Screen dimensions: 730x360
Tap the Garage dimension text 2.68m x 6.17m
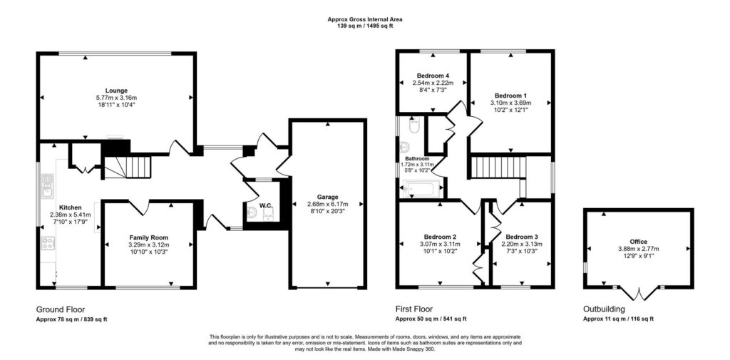click(x=328, y=203)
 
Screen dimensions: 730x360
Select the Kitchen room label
click(x=71, y=207)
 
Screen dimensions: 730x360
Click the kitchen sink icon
click(x=48, y=185)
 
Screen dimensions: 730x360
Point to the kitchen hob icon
click(x=48, y=244)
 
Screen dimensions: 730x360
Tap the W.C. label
click(x=266, y=205)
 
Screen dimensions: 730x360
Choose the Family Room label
click(x=148, y=237)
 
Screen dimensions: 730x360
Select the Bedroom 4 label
click(x=433, y=76)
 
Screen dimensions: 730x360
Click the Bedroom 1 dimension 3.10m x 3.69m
click(x=510, y=103)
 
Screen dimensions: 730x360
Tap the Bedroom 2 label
click(x=439, y=237)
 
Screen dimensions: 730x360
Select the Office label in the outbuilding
click(x=638, y=241)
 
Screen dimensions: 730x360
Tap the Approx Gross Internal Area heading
click(x=365, y=19)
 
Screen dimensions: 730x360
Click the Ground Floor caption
click(x=61, y=309)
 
